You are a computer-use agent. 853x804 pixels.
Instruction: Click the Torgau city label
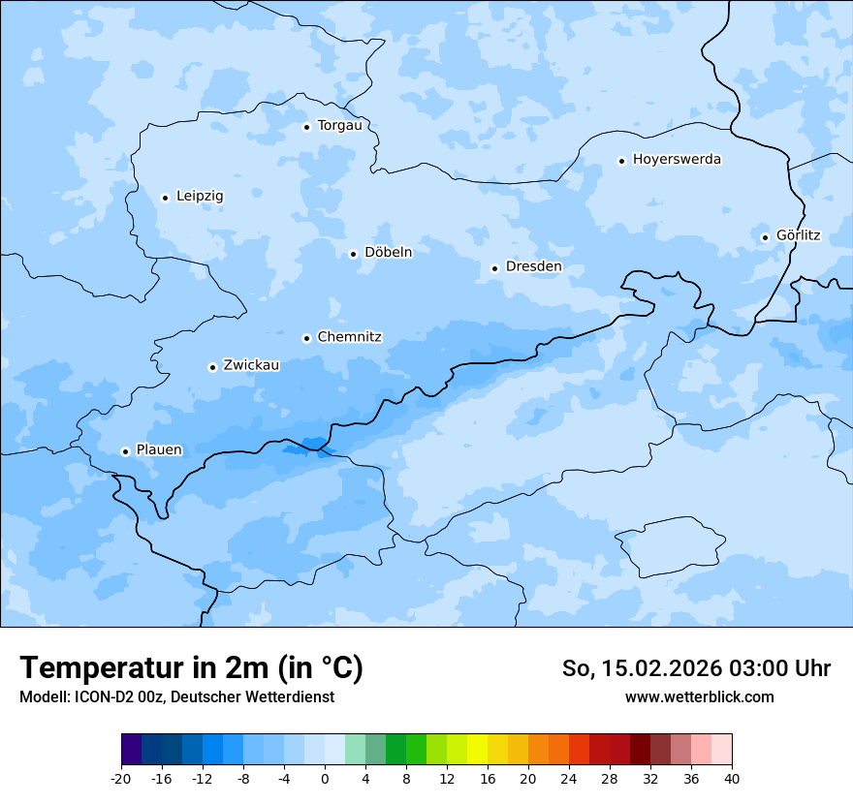tap(339, 126)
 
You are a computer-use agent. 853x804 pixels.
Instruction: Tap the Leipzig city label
tap(200, 197)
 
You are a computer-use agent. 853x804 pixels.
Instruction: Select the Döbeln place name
tap(388, 253)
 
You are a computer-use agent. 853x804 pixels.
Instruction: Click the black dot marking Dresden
tap(494, 268)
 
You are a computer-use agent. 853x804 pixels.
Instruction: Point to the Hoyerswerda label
tap(677, 160)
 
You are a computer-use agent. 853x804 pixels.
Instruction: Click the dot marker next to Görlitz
tap(765, 237)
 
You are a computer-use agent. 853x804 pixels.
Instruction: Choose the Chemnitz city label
tap(349, 338)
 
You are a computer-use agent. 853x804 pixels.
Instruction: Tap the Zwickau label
tap(251, 366)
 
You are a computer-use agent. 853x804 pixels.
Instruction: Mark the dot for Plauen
tap(125, 451)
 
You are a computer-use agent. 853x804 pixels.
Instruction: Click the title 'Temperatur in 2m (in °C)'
tap(191, 668)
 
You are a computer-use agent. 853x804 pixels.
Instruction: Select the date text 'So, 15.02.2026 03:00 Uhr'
tap(696, 668)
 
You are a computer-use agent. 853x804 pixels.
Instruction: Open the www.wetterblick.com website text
tap(699, 696)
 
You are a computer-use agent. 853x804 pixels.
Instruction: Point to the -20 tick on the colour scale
tap(121, 778)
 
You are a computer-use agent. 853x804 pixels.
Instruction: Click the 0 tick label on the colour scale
tap(325, 778)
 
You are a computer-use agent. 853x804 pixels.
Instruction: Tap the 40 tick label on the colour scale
tap(731, 778)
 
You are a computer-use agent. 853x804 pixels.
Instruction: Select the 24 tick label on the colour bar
tap(569, 778)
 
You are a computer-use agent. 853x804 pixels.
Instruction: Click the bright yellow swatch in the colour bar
tap(477, 750)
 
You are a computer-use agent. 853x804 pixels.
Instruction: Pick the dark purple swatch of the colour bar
tap(132, 750)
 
